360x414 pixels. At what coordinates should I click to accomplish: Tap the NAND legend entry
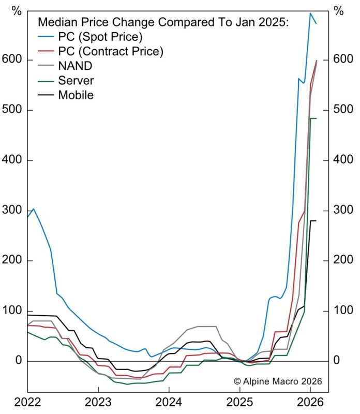[x=76, y=66]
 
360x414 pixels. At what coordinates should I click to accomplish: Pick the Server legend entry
[x=76, y=80]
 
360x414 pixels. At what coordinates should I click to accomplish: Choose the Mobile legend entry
[x=76, y=95]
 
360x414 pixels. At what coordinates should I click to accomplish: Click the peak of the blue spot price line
[x=310, y=13]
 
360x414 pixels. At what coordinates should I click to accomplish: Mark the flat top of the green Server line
[x=313, y=119]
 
